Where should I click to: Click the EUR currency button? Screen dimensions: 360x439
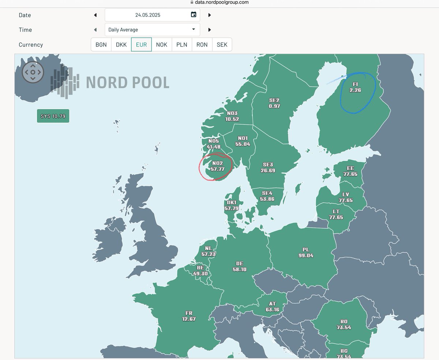tap(141, 45)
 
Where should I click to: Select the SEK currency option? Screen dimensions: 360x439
tap(222, 45)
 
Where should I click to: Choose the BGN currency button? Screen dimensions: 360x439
tap(101, 45)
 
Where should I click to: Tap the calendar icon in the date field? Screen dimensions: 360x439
tap(194, 15)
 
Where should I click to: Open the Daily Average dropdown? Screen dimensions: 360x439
tap(152, 30)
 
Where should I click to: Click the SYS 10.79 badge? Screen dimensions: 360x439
tap(53, 116)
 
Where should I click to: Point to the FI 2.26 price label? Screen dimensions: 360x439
tap(355, 87)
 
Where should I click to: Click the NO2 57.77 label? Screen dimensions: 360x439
tap(217, 166)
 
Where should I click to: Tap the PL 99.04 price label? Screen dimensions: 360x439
tap(306, 252)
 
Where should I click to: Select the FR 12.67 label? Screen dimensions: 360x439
tap(189, 316)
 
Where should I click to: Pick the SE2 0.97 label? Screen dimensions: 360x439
tap(274, 103)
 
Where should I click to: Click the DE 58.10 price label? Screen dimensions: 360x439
tap(240, 266)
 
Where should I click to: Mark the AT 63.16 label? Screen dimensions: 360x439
tap(272, 307)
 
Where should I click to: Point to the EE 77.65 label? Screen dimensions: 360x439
tap(350, 171)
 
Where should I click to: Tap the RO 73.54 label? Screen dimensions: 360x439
tap(344, 325)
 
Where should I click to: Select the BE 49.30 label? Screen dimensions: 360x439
tap(200, 270)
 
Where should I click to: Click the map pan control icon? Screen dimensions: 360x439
tap(33, 72)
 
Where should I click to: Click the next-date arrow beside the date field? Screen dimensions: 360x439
tap(210, 15)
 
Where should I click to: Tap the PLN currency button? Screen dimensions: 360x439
tap(181, 45)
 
